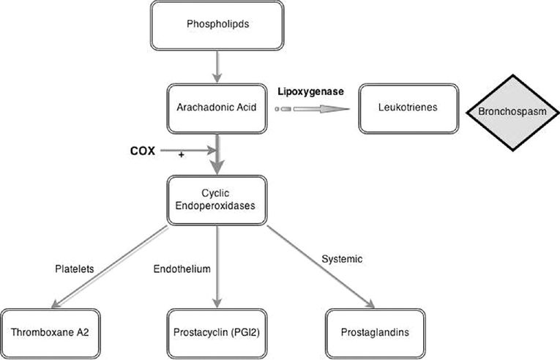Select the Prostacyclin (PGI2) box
(217, 332)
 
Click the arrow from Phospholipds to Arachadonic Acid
(217, 69)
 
